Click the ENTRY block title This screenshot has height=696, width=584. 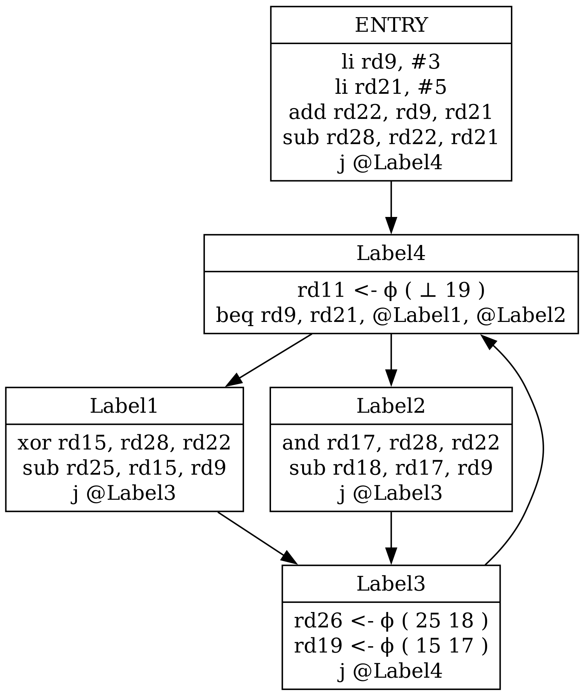pos(391,25)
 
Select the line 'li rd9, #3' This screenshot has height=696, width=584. pos(391,62)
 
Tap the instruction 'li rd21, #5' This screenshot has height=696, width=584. pos(391,87)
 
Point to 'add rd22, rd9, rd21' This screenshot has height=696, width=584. pos(391,112)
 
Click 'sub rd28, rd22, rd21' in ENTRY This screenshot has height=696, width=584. pos(391,138)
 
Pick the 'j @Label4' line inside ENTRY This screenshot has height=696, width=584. pos(391,163)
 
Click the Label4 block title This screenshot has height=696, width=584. pos(391,253)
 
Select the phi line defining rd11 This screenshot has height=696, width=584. pos(391,290)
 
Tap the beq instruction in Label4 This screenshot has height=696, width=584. pos(391,315)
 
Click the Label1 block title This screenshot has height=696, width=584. pos(124,406)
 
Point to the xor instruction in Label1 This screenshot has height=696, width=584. pos(124,443)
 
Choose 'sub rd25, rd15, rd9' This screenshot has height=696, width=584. pos(124,468)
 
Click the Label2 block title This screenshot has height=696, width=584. pos(391,406)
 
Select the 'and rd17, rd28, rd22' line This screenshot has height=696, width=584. pos(391,443)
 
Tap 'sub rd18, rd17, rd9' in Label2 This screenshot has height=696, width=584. pos(391,468)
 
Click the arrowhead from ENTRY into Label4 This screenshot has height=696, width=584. pos(391,226)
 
